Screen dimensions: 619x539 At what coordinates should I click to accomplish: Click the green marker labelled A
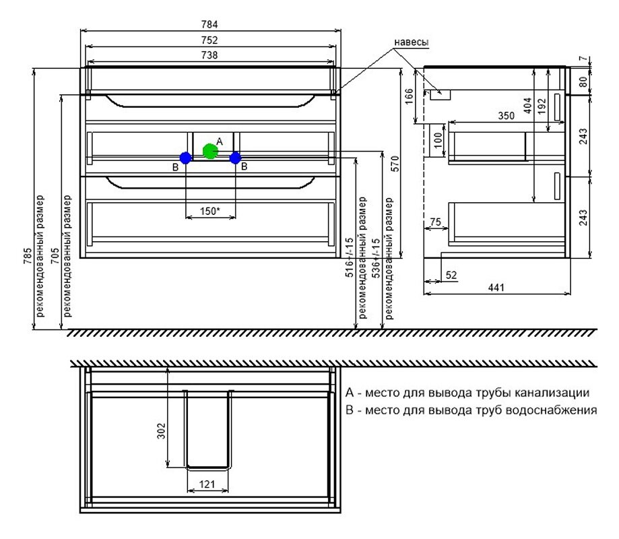210,151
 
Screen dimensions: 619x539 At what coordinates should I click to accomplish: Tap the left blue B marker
185,158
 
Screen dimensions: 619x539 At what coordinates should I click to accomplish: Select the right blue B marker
235,158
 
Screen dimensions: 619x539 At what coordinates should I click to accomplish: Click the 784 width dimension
209,24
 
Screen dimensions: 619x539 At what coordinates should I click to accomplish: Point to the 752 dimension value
209,40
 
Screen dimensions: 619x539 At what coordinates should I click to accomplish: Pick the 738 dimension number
209,55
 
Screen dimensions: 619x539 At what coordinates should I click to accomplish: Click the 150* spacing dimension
209,212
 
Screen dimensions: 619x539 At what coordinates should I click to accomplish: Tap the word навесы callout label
412,42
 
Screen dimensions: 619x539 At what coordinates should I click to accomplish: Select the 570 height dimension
395,164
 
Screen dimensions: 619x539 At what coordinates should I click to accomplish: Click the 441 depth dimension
496,288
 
